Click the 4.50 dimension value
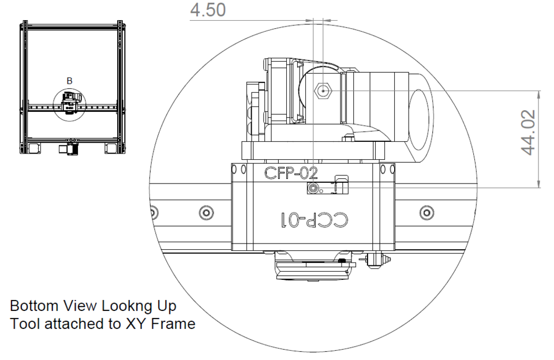coord(208,10)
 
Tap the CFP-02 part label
coord(291,173)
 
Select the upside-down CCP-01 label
coord(315,220)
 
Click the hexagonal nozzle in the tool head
coord(323,91)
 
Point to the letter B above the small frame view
coord(69,81)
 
